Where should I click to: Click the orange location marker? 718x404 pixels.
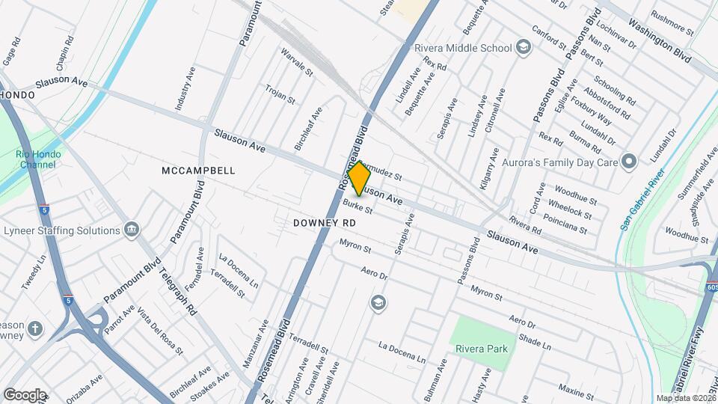[x=359, y=178]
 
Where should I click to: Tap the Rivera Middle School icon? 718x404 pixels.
[x=524, y=48]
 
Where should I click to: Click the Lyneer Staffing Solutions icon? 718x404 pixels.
[x=132, y=228]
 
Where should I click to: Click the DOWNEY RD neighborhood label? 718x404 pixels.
[x=323, y=223]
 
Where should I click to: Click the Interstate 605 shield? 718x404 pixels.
[x=711, y=287]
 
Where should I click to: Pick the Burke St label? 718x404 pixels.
[x=358, y=205]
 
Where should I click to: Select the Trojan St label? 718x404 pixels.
[x=280, y=94]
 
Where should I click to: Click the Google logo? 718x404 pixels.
[x=25, y=394]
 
